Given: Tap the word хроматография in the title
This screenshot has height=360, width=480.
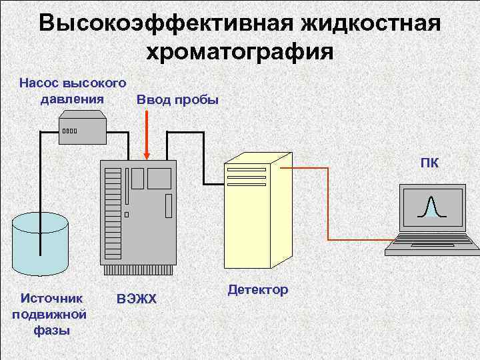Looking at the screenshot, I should pyautogui.click(x=239, y=51).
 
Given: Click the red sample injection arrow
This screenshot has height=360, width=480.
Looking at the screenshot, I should pyautogui.click(x=146, y=133).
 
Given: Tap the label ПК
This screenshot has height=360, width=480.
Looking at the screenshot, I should pyautogui.click(x=429, y=163).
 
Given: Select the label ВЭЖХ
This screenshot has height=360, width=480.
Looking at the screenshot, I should pyautogui.click(x=136, y=298).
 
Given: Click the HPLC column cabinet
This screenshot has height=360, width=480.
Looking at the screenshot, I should pyautogui.click(x=138, y=213).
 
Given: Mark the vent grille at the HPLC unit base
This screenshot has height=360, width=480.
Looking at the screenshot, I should pyautogui.click(x=138, y=270).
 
